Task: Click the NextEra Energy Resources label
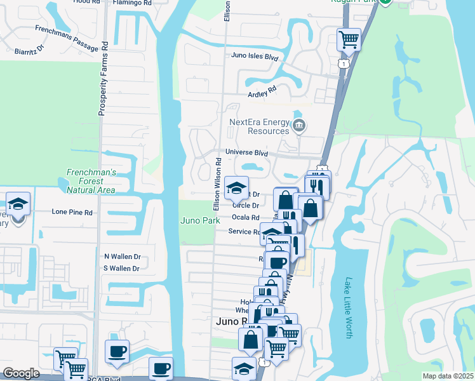[259, 126]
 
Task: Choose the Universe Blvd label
[247, 153]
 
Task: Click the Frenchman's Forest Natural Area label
[92, 181]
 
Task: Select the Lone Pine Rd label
[72, 211]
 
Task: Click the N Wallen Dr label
[122, 257]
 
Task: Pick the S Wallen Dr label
[122, 269]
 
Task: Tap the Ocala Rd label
[246, 217]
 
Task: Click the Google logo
[21, 373]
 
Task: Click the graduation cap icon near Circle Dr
[236, 187]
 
